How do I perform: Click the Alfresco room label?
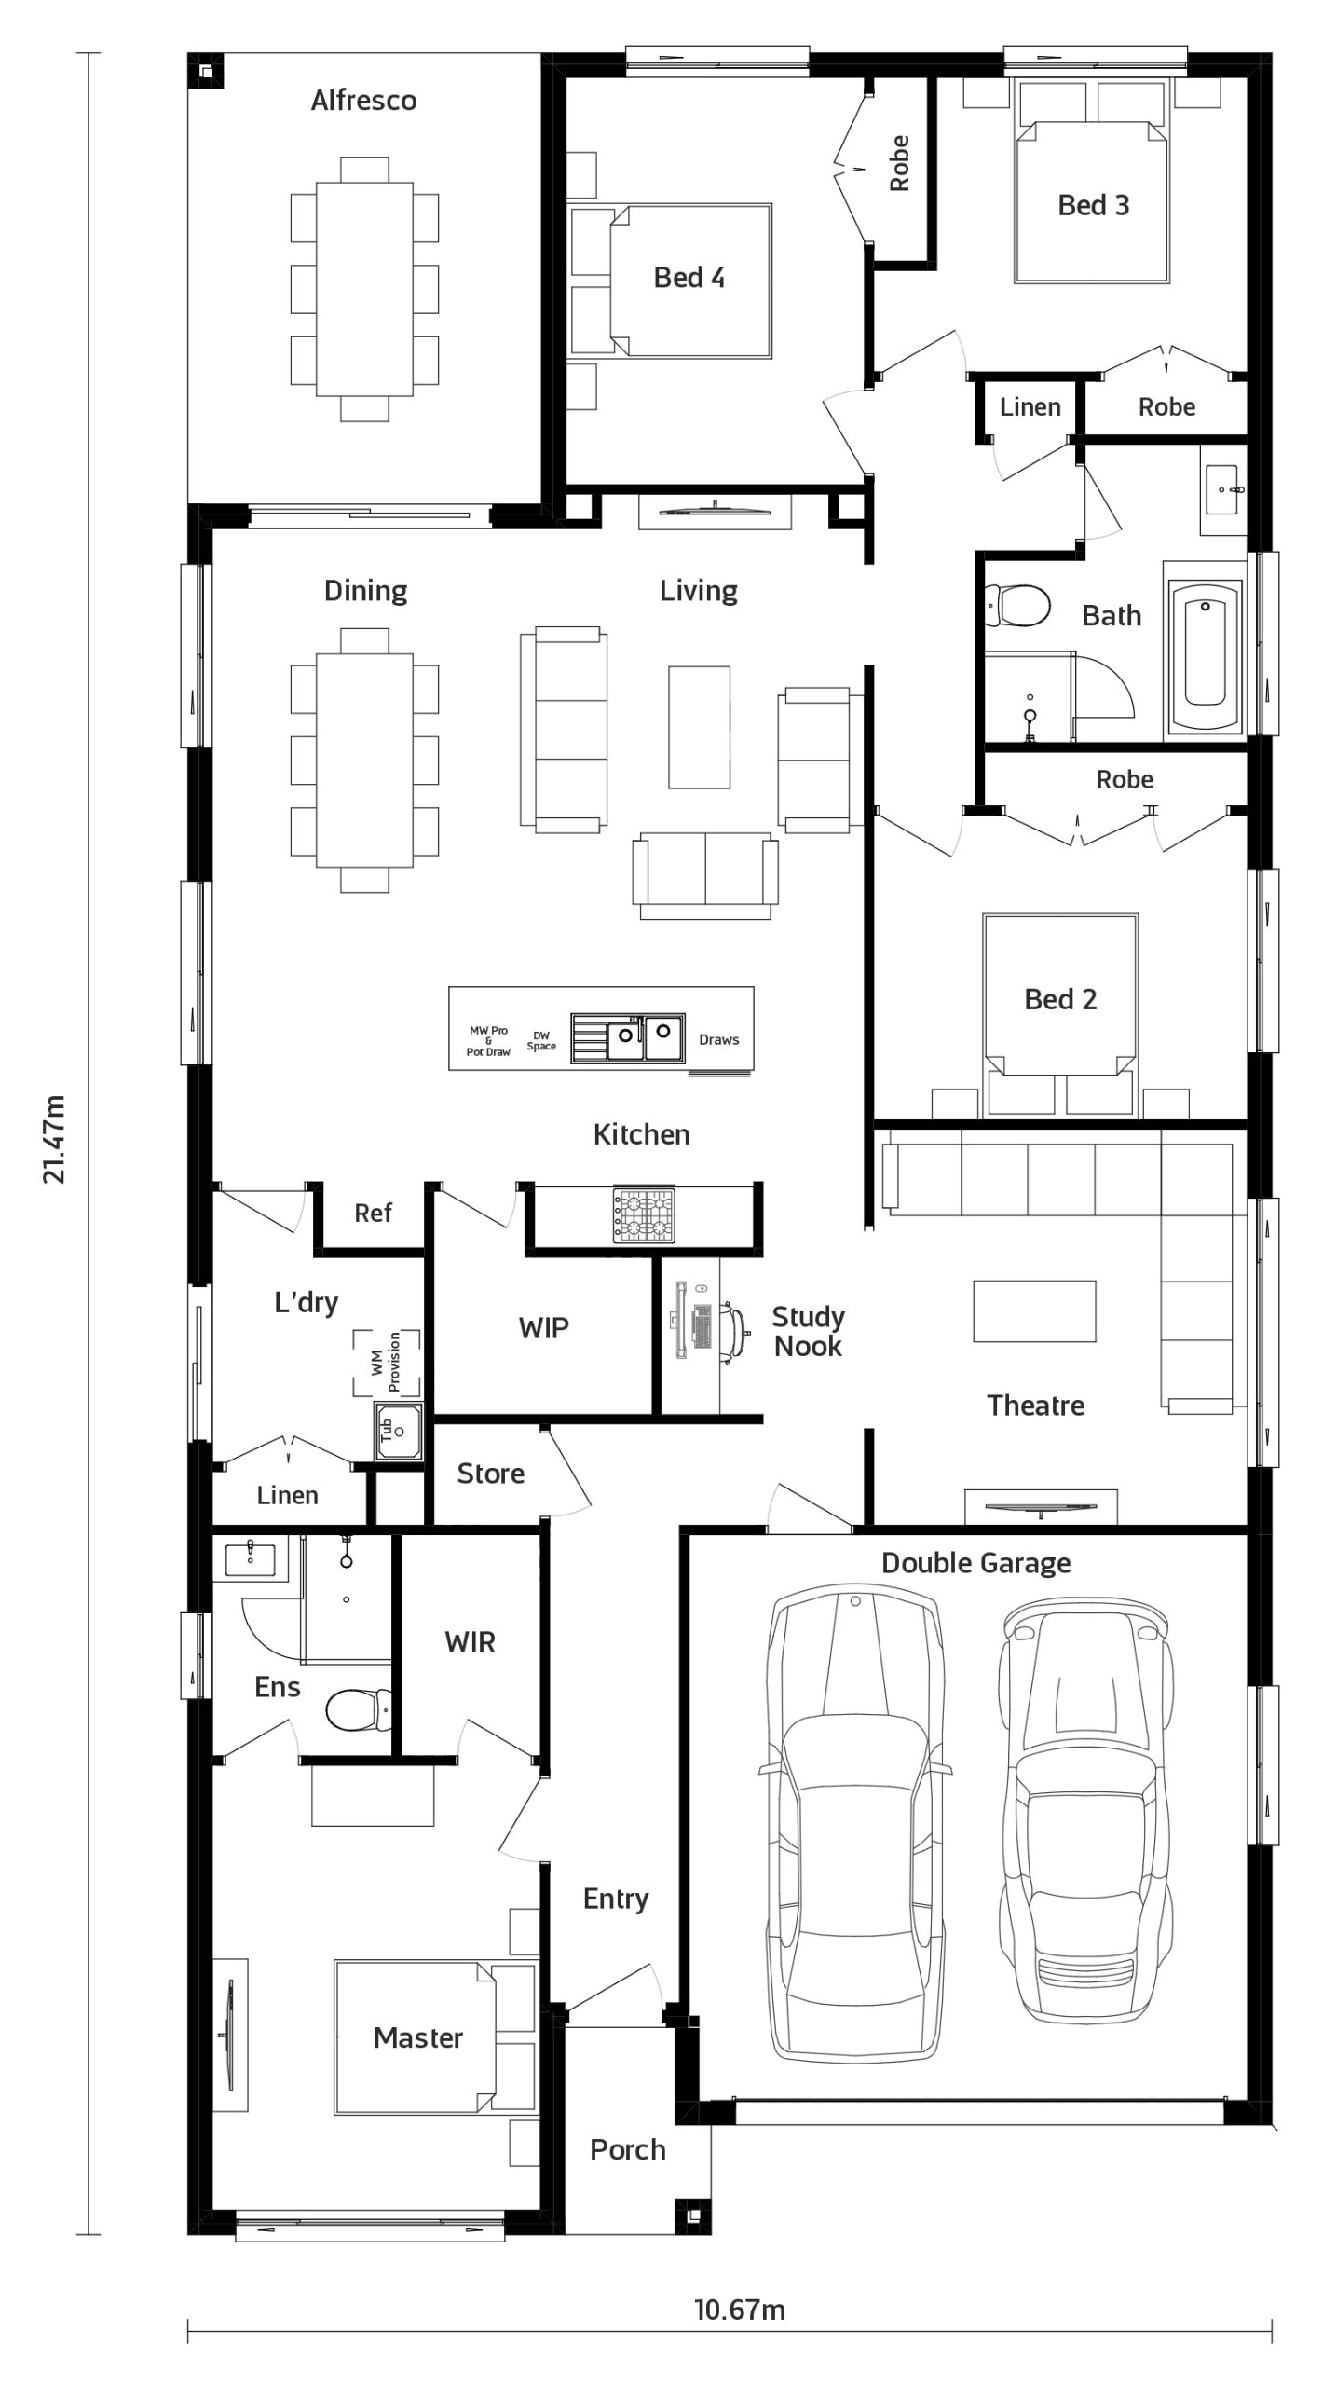click(x=363, y=100)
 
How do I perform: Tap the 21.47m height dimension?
click(x=55, y=1139)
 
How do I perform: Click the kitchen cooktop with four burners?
click(x=642, y=1214)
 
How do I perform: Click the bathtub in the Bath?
click(x=1205, y=655)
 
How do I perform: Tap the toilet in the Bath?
click(x=1016, y=606)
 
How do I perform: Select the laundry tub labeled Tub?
click(x=399, y=1430)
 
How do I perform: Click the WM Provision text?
click(x=387, y=1362)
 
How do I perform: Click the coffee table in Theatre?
click(x=1034, y=1311)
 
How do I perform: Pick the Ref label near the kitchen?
click(x=373, y=1213)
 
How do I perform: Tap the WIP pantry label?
click(x=544, y=1327)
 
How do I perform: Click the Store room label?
click(x=490, y=1474)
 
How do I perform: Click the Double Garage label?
click(x=975, y=1563)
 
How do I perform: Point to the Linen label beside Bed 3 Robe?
click(x=1030, y=406)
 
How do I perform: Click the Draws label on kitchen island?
click(x=719, y=1039)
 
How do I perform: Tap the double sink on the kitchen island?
click(x=643, y=1036)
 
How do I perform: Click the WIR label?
click(x=471, y=1642)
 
